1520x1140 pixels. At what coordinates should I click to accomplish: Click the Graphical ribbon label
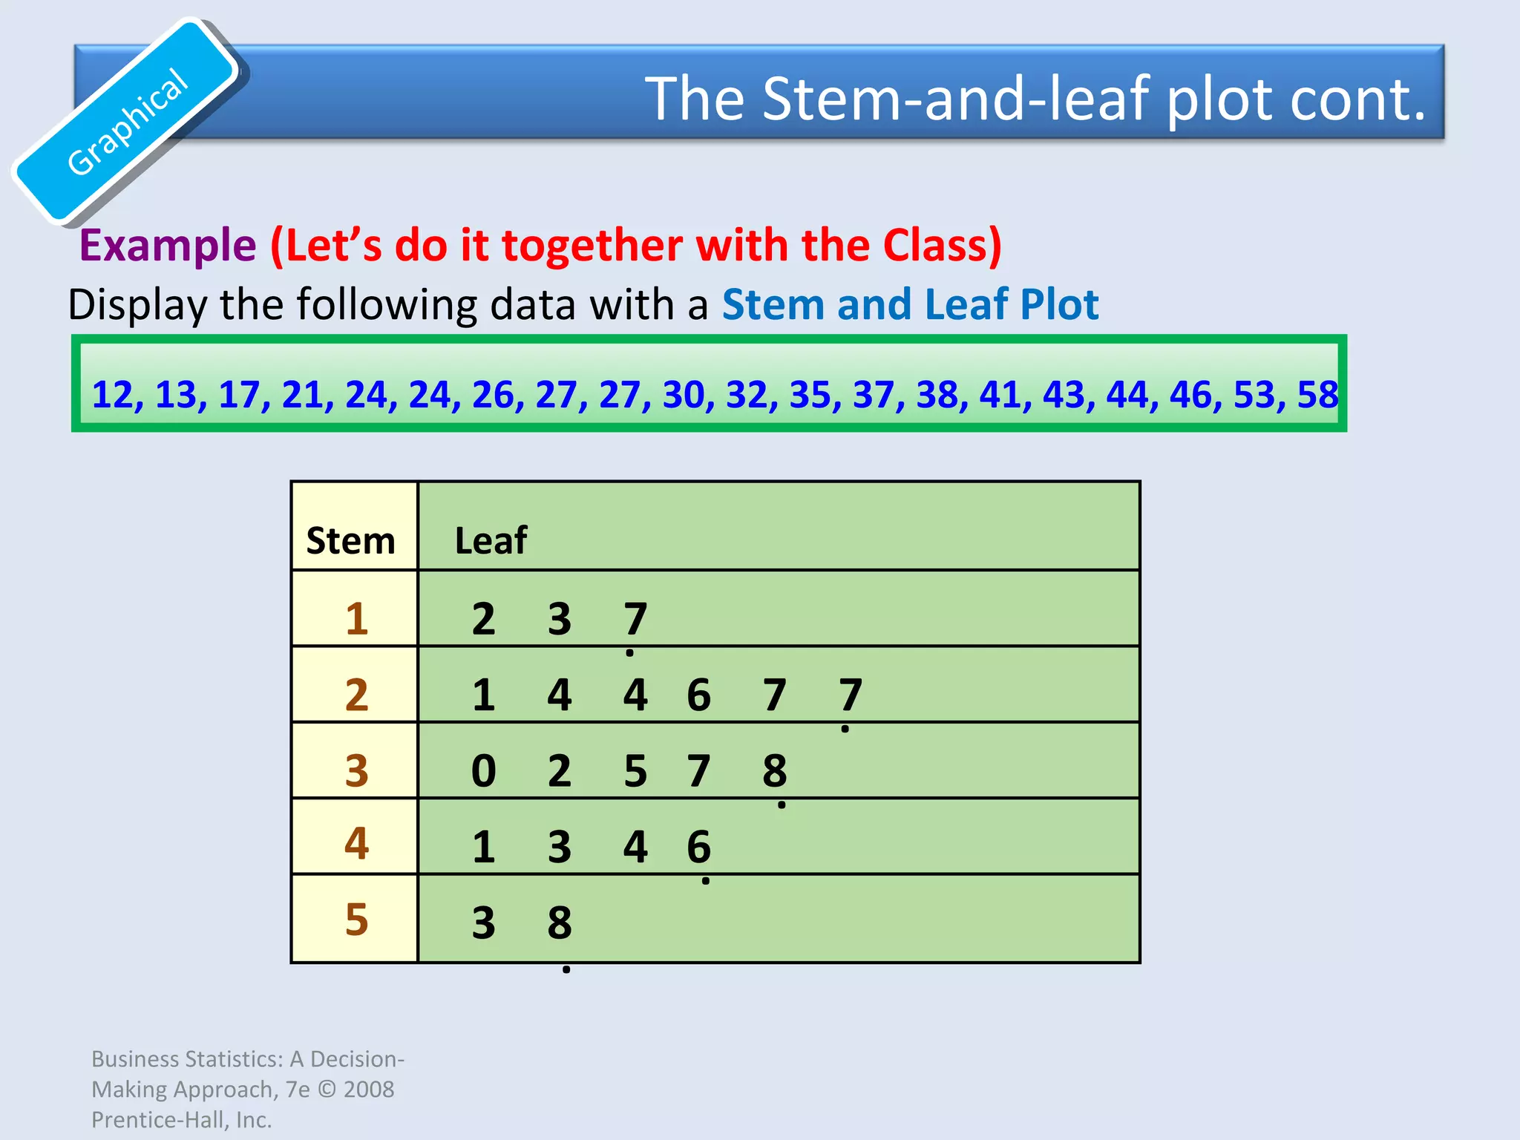click(x=128, y=122)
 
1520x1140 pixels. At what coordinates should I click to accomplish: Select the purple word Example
click(x=168, y=245)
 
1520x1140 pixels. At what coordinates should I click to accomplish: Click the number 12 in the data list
click(x=113, y=394)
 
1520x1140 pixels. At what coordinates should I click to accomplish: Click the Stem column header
click(x=351, y=540)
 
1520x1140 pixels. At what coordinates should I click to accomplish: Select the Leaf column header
click(x=491, y=540)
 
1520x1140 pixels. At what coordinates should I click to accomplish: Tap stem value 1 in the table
click(x=357, y=618)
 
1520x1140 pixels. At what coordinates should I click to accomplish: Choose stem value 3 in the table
click(x=357, y=770)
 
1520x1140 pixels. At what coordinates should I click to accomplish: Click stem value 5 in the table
click(x=357, y=920)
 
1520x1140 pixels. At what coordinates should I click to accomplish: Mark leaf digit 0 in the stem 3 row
click(x=484, y=770)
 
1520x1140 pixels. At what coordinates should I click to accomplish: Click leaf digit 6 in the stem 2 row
click(x=698, y=695)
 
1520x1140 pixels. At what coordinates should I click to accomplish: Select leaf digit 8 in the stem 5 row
click(x=560, y=923)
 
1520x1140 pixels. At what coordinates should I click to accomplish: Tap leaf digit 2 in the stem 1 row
click(x=484, y=618)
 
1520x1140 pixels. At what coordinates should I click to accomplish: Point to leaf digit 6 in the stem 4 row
click(x=698, y=847)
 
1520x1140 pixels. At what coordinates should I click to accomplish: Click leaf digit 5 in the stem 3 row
click(x=635, y=770)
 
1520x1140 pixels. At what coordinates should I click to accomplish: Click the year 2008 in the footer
click(x=369, y=1089)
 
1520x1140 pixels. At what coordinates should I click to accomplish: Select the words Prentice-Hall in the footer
click(x=160, y=1120)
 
